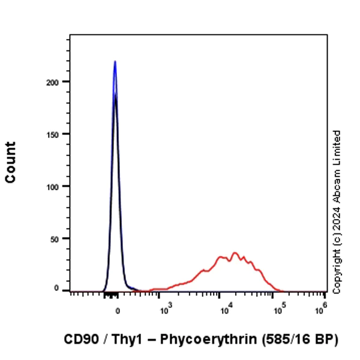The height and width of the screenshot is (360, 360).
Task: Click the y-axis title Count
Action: tap(10, 163)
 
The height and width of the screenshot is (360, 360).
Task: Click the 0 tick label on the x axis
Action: tap(117, 311)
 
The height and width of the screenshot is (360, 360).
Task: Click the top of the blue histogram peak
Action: tap(115, 61)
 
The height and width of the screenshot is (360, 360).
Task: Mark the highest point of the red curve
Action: tap(235, 253)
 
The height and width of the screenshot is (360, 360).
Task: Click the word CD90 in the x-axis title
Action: tap(80, 340)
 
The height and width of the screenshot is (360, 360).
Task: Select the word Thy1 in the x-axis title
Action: tap(123, 340)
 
